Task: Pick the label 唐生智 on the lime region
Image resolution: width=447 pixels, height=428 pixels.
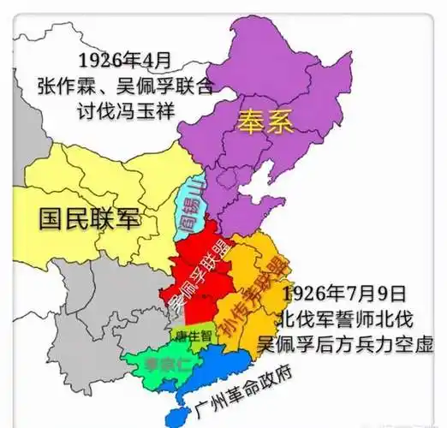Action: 194,336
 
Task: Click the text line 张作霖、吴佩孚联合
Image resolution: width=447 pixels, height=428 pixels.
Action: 125,86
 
